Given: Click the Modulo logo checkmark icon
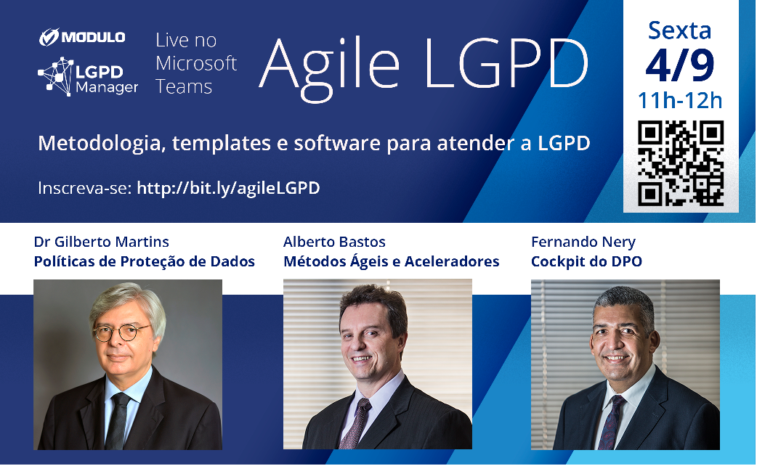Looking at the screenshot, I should [49, 37].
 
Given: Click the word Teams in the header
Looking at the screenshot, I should [184, 87].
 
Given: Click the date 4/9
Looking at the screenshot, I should [680, 65].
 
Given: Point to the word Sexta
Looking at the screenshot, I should [680, 30].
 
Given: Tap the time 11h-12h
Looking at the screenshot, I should [680, 99].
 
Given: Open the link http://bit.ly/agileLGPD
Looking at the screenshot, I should [228, 188].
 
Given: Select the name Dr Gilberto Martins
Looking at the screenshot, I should [101, 242].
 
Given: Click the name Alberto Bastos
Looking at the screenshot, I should [334, 242].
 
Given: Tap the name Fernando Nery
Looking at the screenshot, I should [583, 242].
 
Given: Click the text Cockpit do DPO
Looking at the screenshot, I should [586, 261].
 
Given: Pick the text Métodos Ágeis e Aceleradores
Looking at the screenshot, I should [391, 261].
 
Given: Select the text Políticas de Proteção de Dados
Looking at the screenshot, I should [144, 261].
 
